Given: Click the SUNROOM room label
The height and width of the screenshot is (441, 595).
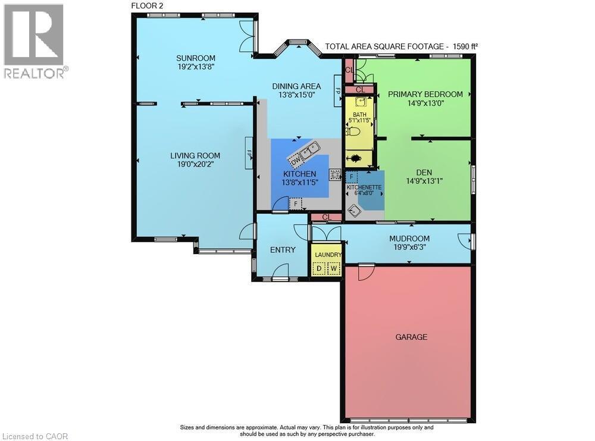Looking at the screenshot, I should [x=195, y=58].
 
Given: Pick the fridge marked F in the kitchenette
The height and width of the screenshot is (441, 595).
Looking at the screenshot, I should [x=352, y=177].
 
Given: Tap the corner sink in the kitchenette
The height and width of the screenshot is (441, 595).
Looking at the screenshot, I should [x=355, y=210].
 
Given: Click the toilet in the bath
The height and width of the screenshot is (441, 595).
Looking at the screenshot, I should [x=353, y=132].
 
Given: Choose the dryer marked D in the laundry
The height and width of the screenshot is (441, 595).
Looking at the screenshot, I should [x=319, y=268].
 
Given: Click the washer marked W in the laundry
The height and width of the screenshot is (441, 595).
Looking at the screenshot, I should [x=334, y=268].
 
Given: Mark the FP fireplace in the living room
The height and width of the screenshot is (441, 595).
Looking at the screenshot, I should [x=250, y=152].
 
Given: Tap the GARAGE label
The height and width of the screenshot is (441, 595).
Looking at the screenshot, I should [x=411, y=337].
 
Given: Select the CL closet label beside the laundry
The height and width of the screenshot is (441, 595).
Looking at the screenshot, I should [x=326, y=217].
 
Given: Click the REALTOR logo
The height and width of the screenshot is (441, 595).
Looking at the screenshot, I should [x=34, y=40].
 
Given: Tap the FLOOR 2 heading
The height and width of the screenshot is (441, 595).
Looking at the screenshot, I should [x=146, y=5].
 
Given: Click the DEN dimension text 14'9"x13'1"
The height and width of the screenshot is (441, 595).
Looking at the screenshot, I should [x=425, y=181].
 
